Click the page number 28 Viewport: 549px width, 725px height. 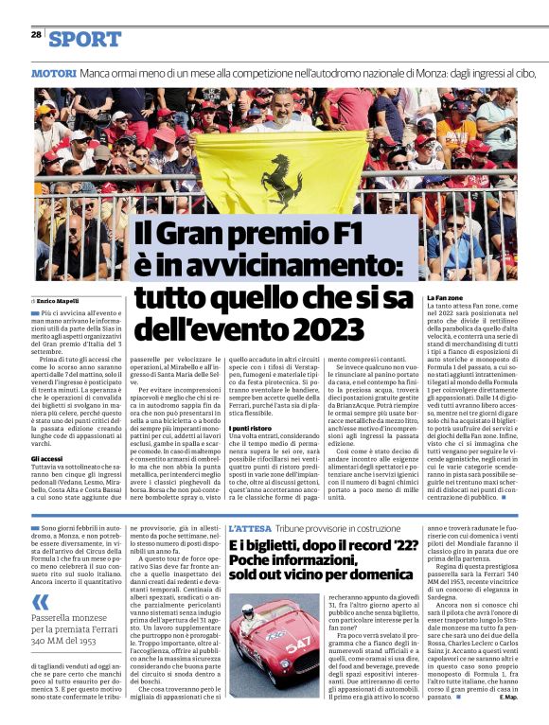tap(36, 34)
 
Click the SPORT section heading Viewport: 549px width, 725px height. tap(85, 39)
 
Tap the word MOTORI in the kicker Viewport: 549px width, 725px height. tap(53, 73)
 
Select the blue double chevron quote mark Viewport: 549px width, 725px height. tap(39, 602)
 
